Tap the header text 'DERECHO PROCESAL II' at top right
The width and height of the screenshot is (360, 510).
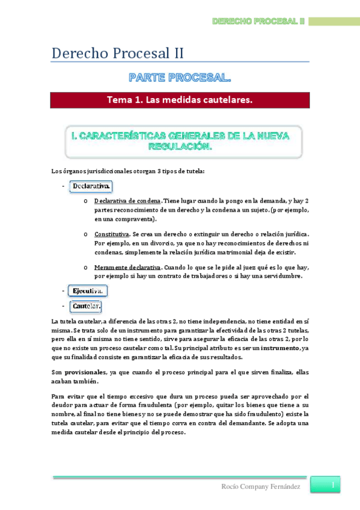tap(258, 22)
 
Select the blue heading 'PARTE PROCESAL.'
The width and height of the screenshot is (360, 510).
tap(180, 78)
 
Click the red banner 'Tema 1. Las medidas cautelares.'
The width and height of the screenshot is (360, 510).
tap(180, 99)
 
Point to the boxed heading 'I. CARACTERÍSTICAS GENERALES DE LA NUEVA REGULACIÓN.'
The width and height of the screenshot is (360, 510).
tap(180, 142)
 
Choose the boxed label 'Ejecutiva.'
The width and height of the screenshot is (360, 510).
tap(88, 291)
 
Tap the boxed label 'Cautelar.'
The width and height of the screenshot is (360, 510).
tap(87, 307)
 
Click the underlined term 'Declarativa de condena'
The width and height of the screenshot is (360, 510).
tap(127, 200)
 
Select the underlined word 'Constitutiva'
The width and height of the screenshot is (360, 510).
tap(111, 234)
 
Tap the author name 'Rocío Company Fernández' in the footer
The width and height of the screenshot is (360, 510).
tap(262, 486)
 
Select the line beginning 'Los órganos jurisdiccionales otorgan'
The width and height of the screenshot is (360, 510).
tap(128, 171)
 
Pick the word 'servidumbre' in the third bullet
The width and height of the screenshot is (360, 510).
tap(281, 276)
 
